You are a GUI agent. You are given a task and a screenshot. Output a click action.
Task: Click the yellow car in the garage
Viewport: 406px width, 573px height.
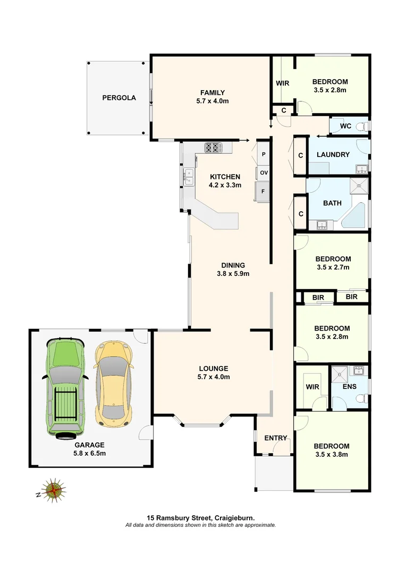click(113, 383)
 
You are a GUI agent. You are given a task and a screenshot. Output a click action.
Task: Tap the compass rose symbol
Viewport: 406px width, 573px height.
click(53, 490)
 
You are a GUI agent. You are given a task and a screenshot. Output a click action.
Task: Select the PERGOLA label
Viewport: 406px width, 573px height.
click(119, 98)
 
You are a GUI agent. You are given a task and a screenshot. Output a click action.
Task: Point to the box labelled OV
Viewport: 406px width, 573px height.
click(263, 173)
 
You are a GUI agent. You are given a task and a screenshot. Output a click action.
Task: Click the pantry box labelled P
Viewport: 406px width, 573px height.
click(263, 154)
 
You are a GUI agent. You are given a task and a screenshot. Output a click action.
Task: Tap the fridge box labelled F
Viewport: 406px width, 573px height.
click(263, 192)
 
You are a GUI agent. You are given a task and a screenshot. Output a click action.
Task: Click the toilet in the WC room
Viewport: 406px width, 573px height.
click(362, 126)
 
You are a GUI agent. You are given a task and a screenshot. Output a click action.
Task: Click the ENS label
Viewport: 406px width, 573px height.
click(349, 387)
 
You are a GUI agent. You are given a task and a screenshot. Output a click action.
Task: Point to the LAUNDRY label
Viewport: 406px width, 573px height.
click(333, 154)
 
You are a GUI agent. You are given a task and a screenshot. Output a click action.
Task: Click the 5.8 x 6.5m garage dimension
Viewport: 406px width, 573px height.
click(89, 453)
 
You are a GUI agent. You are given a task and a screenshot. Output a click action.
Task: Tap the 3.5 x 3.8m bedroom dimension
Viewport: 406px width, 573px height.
click(331, 454)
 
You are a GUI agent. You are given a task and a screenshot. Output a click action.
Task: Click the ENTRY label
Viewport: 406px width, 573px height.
click(275, 438)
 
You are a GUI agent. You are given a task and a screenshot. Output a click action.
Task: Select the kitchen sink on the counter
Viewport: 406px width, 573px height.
click(188, 176)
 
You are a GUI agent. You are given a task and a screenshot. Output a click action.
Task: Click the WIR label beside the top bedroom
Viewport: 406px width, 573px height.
click(282, 83)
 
